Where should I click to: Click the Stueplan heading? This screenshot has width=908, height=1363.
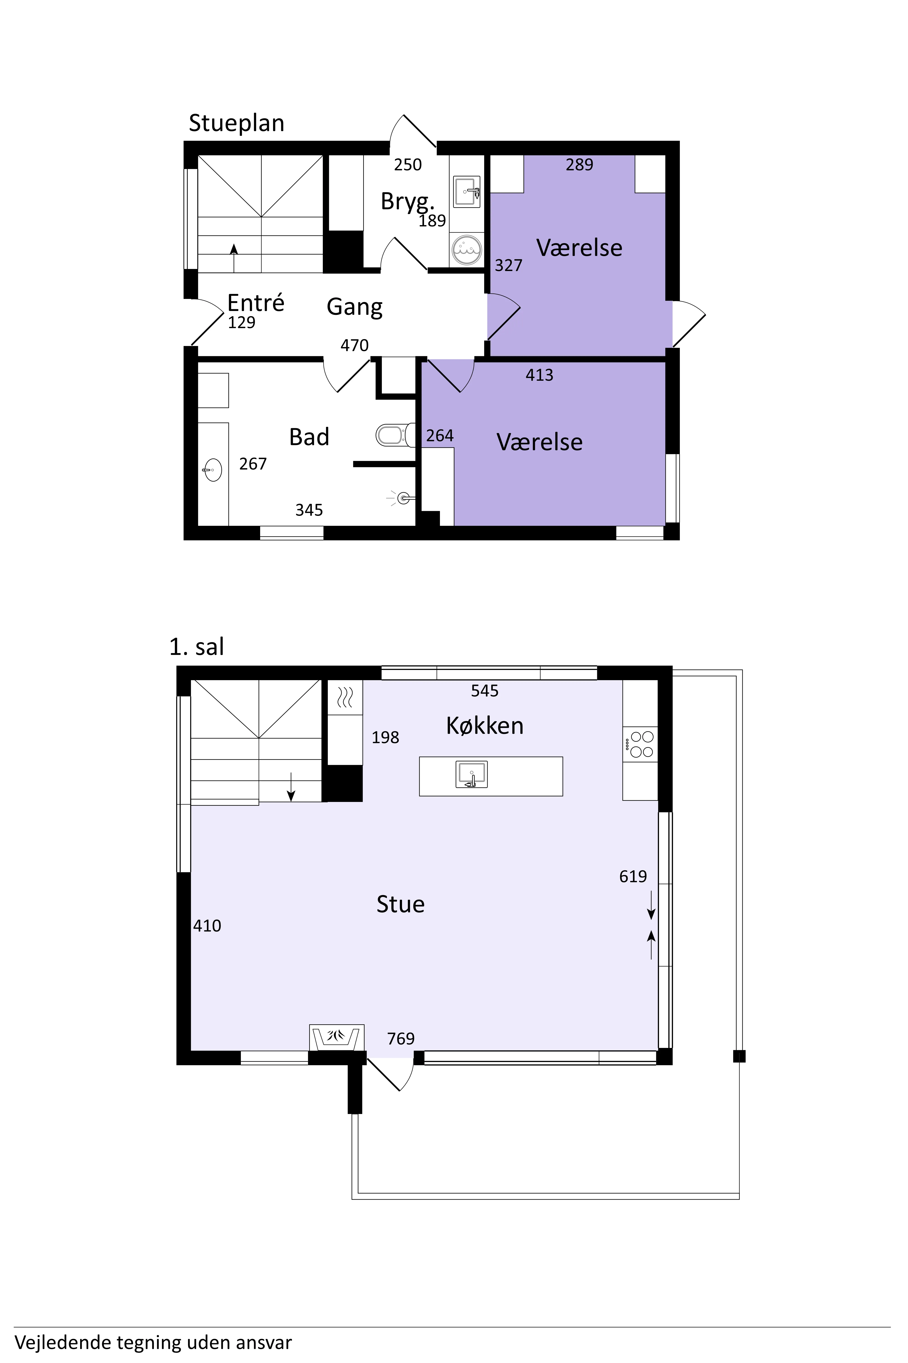pos(236,123)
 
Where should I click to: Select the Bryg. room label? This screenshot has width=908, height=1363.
pos(407,202)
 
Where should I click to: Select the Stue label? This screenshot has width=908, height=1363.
pos(400,904)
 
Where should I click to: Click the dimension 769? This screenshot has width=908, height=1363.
pos(401,1038)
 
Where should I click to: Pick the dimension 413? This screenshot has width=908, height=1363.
pos(539,376)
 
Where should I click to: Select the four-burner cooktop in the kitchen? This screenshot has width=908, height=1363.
pos(640,745)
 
